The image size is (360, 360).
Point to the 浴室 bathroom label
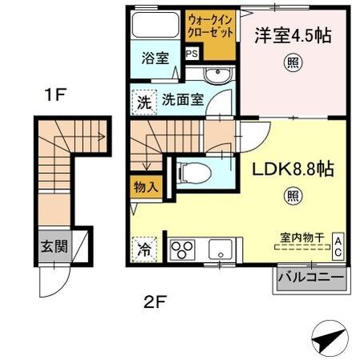point(156,59)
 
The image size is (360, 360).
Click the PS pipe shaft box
point(192,55)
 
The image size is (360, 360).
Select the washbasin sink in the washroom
point(216,76)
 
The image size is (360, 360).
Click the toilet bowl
point(188,172)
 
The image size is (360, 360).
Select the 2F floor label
point(154,302)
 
